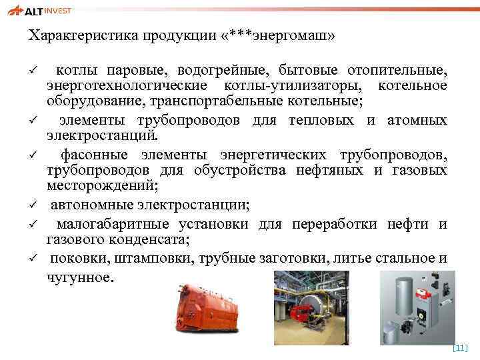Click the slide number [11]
click(460, 347)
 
